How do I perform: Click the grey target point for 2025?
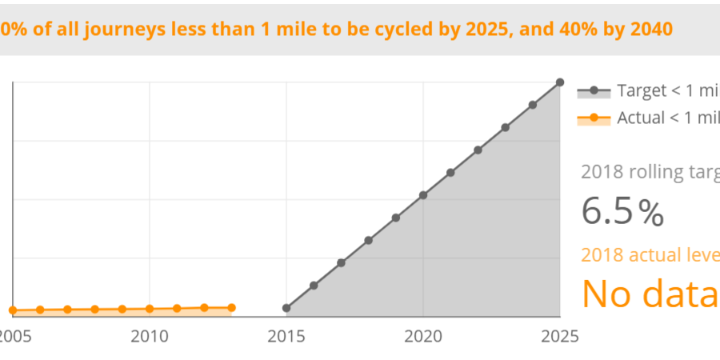(560, 82)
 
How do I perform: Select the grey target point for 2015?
(286, 308)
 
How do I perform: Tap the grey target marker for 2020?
(423, 195)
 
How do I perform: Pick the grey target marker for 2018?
(369, 240)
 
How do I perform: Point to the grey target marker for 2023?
(506, 127)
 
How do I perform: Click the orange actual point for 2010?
(150, 309)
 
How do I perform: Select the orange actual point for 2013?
(232, 307)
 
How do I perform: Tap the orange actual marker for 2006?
(40, 310)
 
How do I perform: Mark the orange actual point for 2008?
(94, 309)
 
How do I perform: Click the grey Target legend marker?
(594, 90)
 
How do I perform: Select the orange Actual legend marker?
(594, 118)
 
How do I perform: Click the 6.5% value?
(622, 212)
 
